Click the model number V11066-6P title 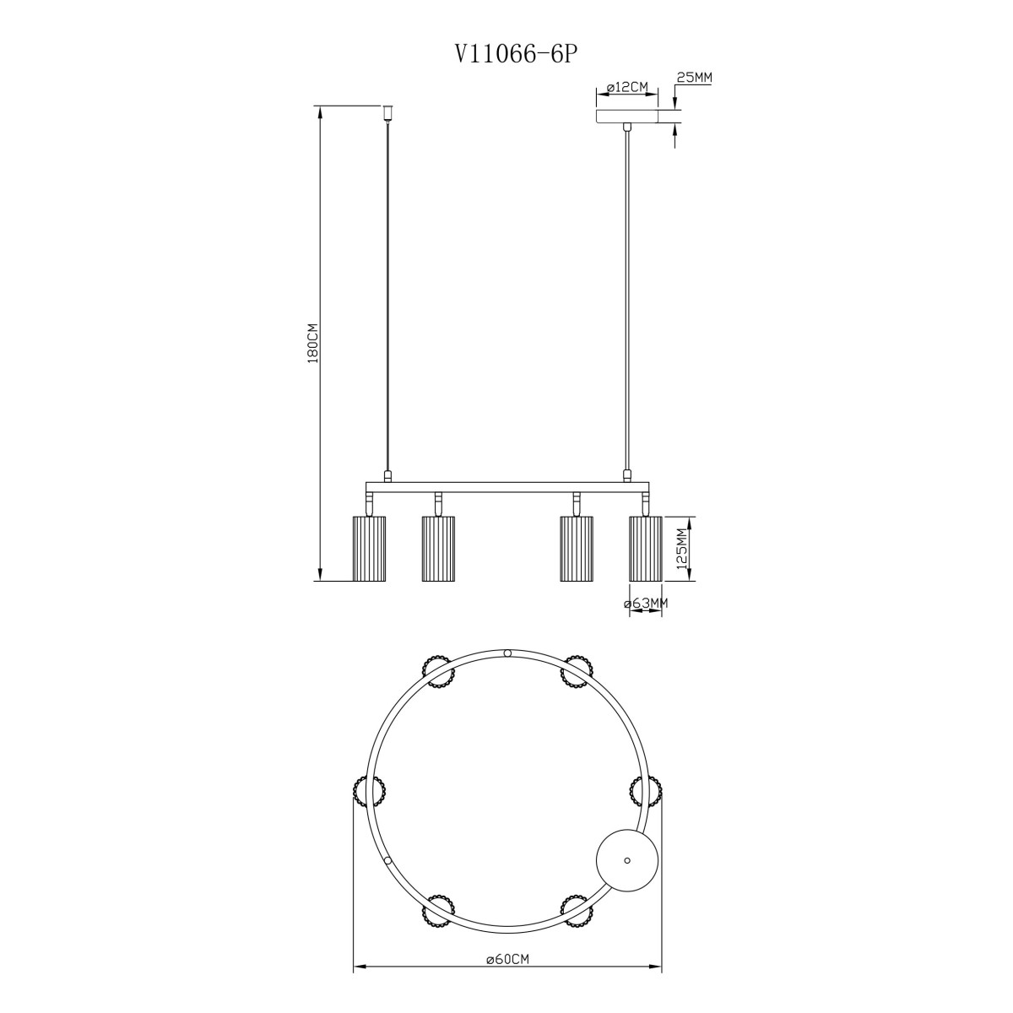512,54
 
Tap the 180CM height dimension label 313,343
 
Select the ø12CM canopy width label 626,88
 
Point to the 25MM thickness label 693,78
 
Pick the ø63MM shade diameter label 646,603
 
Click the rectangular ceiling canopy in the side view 626,116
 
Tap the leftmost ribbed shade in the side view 369,549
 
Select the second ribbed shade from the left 438,549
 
